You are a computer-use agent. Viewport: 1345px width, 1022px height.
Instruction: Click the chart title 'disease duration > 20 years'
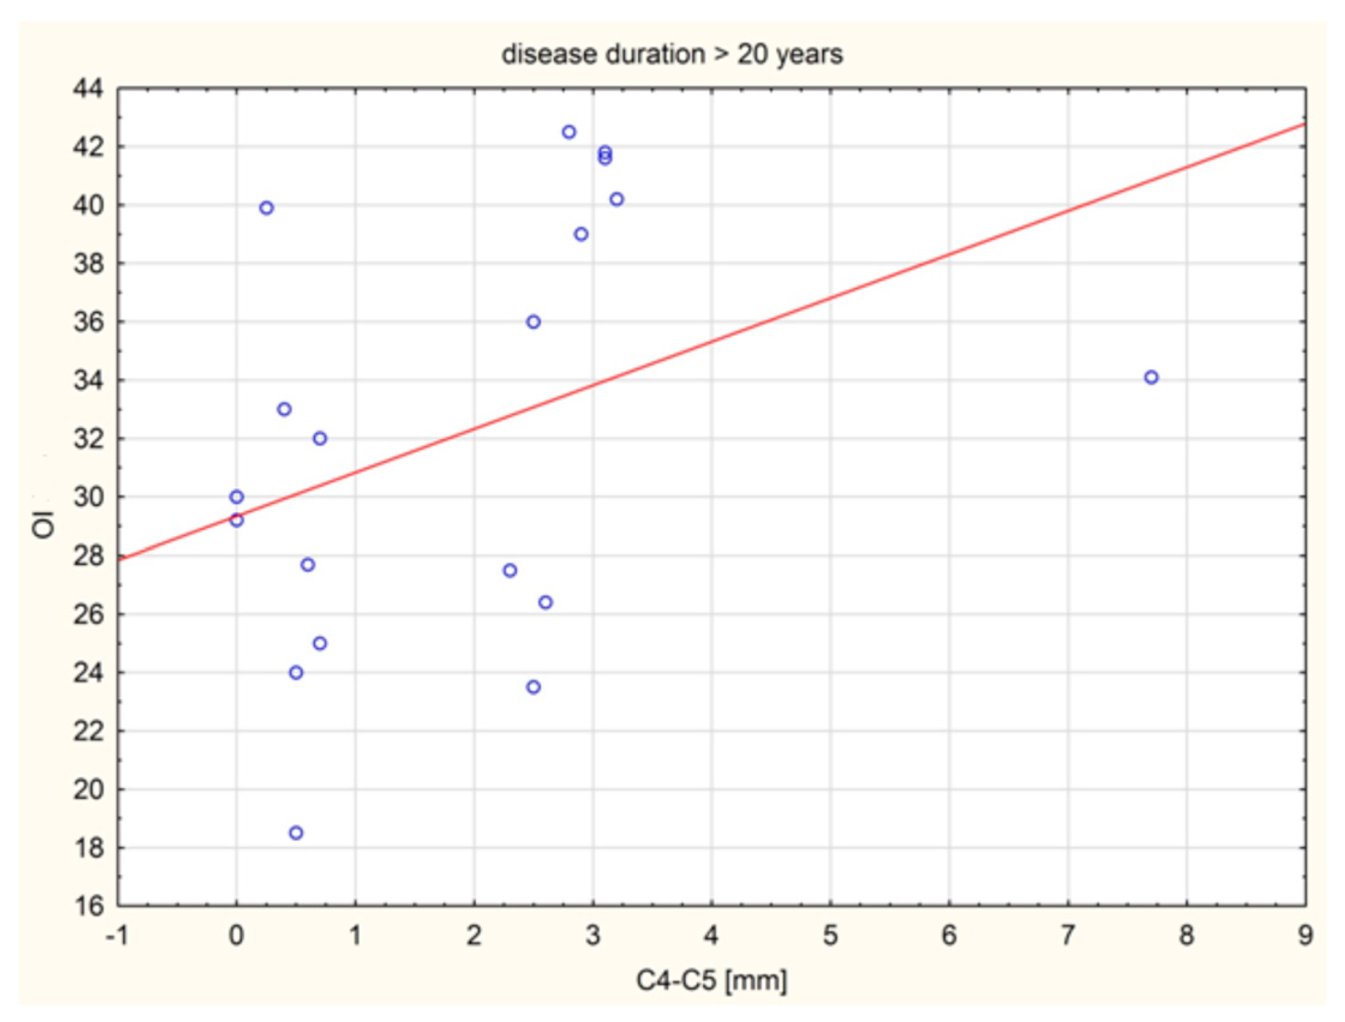[x=672, y=55]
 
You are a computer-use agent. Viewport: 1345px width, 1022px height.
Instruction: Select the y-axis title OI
[x=44, y=524]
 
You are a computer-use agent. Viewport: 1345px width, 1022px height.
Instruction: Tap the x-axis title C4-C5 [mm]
[x=711, y=980]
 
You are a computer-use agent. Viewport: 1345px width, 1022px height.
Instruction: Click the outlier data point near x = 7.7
[x=1151, y=377]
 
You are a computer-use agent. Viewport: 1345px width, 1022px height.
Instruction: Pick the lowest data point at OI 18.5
[x=296, y=833]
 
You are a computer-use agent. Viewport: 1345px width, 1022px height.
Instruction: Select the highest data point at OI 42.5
[x=569, y=132]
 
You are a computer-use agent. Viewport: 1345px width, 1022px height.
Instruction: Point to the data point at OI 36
[x=533, y=322]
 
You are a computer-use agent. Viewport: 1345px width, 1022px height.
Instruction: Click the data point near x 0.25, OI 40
[x=266, y=208]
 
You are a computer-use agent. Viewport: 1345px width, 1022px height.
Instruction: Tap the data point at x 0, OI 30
[x=236, y=497]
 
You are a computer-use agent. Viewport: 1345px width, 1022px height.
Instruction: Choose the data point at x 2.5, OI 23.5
[x=533, y=687]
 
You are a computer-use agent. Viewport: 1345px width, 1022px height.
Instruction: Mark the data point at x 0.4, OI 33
[x=284, y=410]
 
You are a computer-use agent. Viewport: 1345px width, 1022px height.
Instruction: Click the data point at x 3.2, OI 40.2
[x=616, y=199]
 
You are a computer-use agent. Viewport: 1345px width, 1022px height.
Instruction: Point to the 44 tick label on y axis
[x=88, y=89]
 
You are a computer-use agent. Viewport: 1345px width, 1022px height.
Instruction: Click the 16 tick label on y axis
[x=88, y=906]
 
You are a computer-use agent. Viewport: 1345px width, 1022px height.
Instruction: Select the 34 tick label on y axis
[x=88, y=381]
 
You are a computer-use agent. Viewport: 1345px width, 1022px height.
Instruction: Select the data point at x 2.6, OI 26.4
[x=546, y=602]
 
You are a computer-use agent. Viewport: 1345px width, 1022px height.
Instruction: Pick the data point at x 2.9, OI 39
[x=581, y=234]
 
